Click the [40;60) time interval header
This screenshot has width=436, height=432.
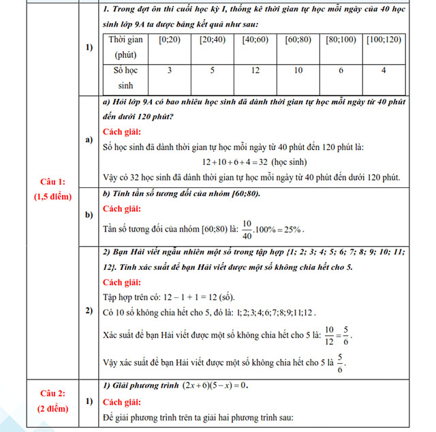point(255,40)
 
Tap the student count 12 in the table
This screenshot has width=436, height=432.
point(255,71)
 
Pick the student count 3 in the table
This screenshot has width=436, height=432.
point(169,71)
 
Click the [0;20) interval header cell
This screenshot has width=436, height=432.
point(169,40)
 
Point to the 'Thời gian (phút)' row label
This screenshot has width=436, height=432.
point(126,47)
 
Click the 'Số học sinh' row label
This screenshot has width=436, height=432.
point(126,78)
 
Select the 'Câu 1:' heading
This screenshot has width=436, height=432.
point(52,182)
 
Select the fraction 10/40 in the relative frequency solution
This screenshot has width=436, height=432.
point(246,228)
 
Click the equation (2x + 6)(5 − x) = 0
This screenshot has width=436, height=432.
point(215,385)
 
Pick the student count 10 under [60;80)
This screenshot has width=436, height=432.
point(298,71)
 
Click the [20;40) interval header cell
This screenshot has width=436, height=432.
point(212,40)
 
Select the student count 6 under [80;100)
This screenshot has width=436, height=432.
point(341,71)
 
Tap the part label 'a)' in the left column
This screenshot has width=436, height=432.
point(89,140)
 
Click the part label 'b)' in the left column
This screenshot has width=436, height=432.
point(89,215)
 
